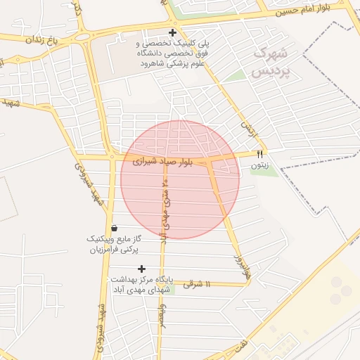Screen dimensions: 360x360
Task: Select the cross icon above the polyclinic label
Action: click(x=172, y=33)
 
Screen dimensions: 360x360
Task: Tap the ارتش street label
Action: click(x=246, y=127)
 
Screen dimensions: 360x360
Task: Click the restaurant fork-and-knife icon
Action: click(x=259, y=154)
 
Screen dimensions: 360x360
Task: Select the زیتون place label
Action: click(x=259, y=166)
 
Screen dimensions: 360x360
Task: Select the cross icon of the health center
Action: click(x=142, y=269)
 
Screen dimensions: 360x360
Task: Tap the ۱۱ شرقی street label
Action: click(x=198, y=284)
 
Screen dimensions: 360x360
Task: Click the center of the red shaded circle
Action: click(x=180, y=179)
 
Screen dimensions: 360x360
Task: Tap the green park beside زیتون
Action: click(x=264, y=171)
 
